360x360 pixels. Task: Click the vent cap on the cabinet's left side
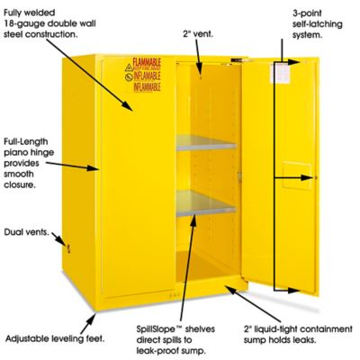pyautogui.click(x=59, y=243)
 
